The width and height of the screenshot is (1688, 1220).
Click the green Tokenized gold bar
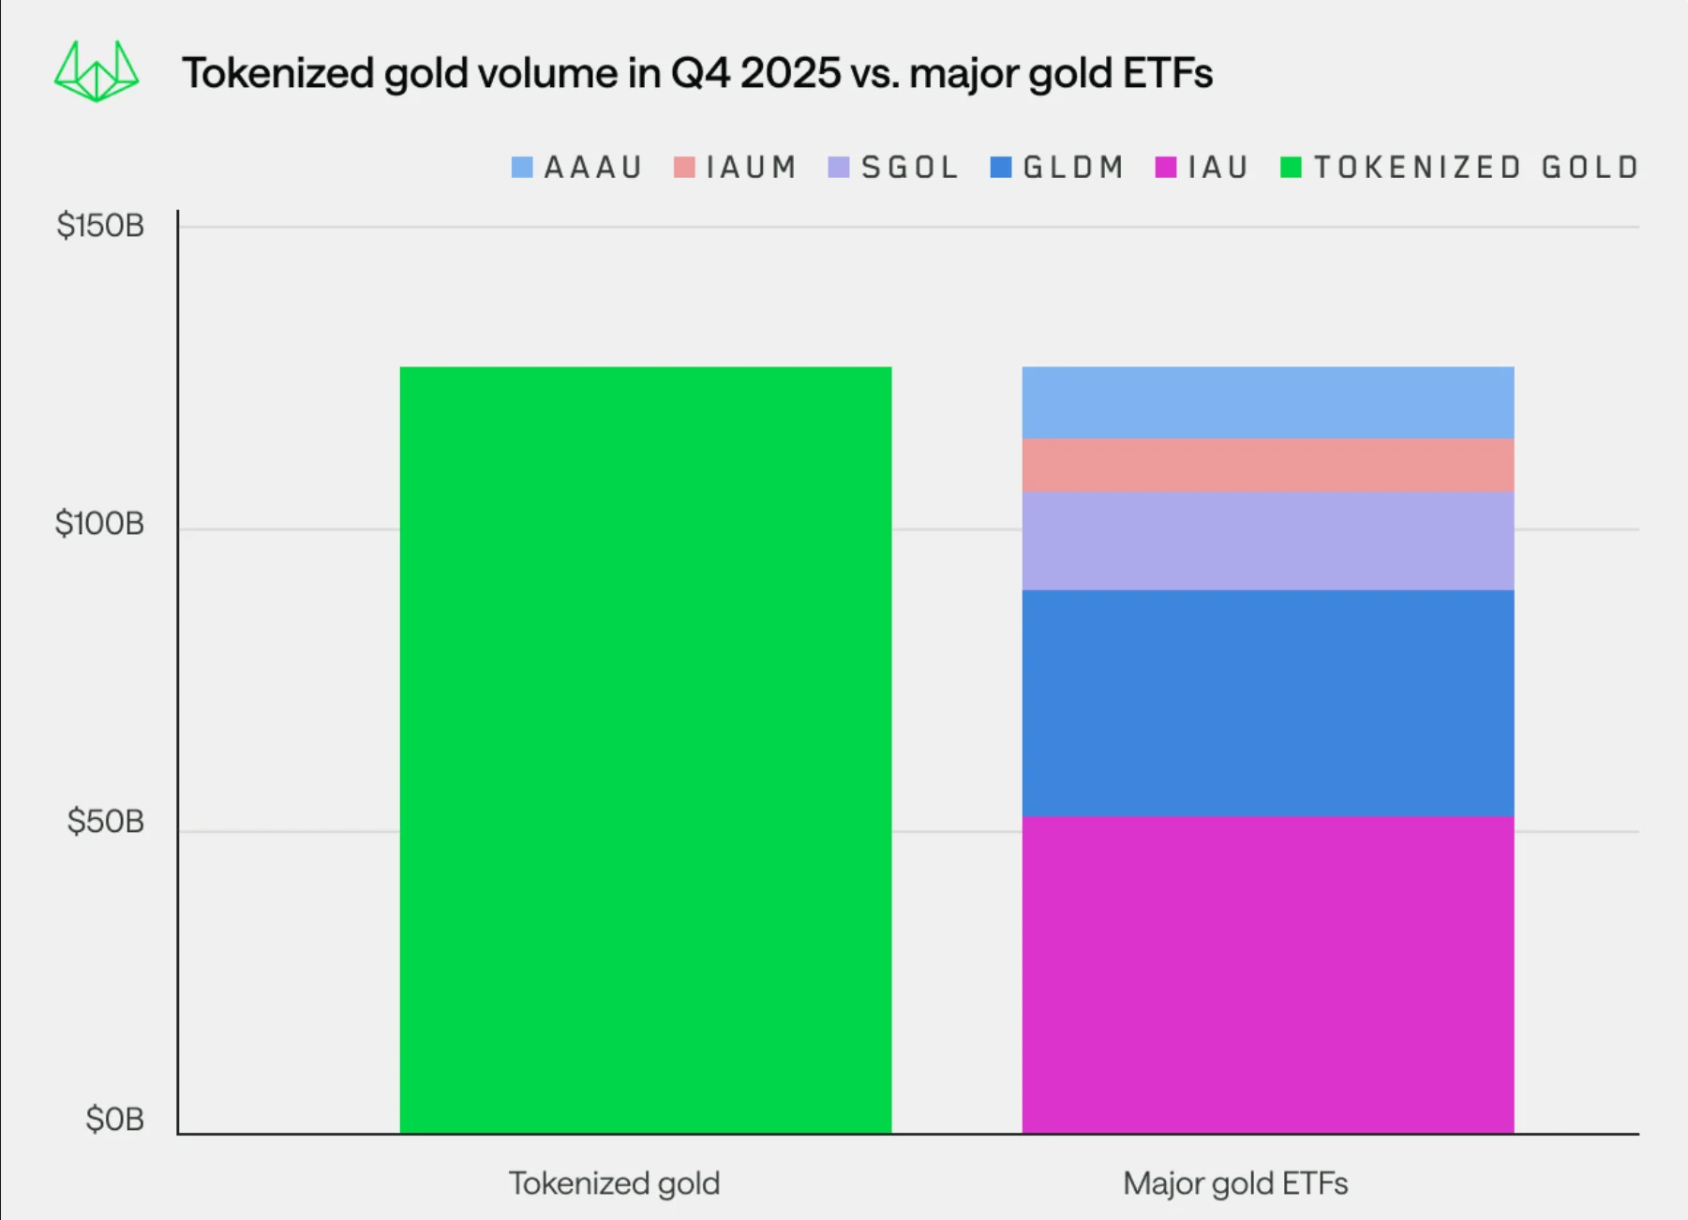[645, 750]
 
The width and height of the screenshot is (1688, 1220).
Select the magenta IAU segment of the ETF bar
[1267, 975]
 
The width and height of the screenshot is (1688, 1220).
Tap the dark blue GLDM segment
[1267, 703]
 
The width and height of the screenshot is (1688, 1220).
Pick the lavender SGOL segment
[1267, 541]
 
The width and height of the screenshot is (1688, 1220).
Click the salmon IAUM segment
[1267, 465]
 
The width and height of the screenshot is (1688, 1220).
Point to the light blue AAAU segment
[1267, 402]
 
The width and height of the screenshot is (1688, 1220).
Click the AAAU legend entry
[577, 168]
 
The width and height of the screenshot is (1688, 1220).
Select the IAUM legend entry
[736, 168]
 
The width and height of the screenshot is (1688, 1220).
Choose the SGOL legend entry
[894, 168]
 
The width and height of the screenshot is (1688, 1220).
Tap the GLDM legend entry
[1058, 168]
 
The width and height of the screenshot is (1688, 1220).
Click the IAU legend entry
[1203, 168]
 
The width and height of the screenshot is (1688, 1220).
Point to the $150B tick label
[100, 226]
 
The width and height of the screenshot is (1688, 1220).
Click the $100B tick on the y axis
[99, 524]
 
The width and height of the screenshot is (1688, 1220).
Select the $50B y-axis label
[105, 822]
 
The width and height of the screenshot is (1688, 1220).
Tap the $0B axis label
[114, 1119]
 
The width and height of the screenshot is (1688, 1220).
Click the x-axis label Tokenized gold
[614, 1183]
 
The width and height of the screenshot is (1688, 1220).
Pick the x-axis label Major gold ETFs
[1235, 1183]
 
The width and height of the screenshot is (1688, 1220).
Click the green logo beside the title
[97, 72]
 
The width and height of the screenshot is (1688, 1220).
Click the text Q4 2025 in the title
[755, 73]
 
